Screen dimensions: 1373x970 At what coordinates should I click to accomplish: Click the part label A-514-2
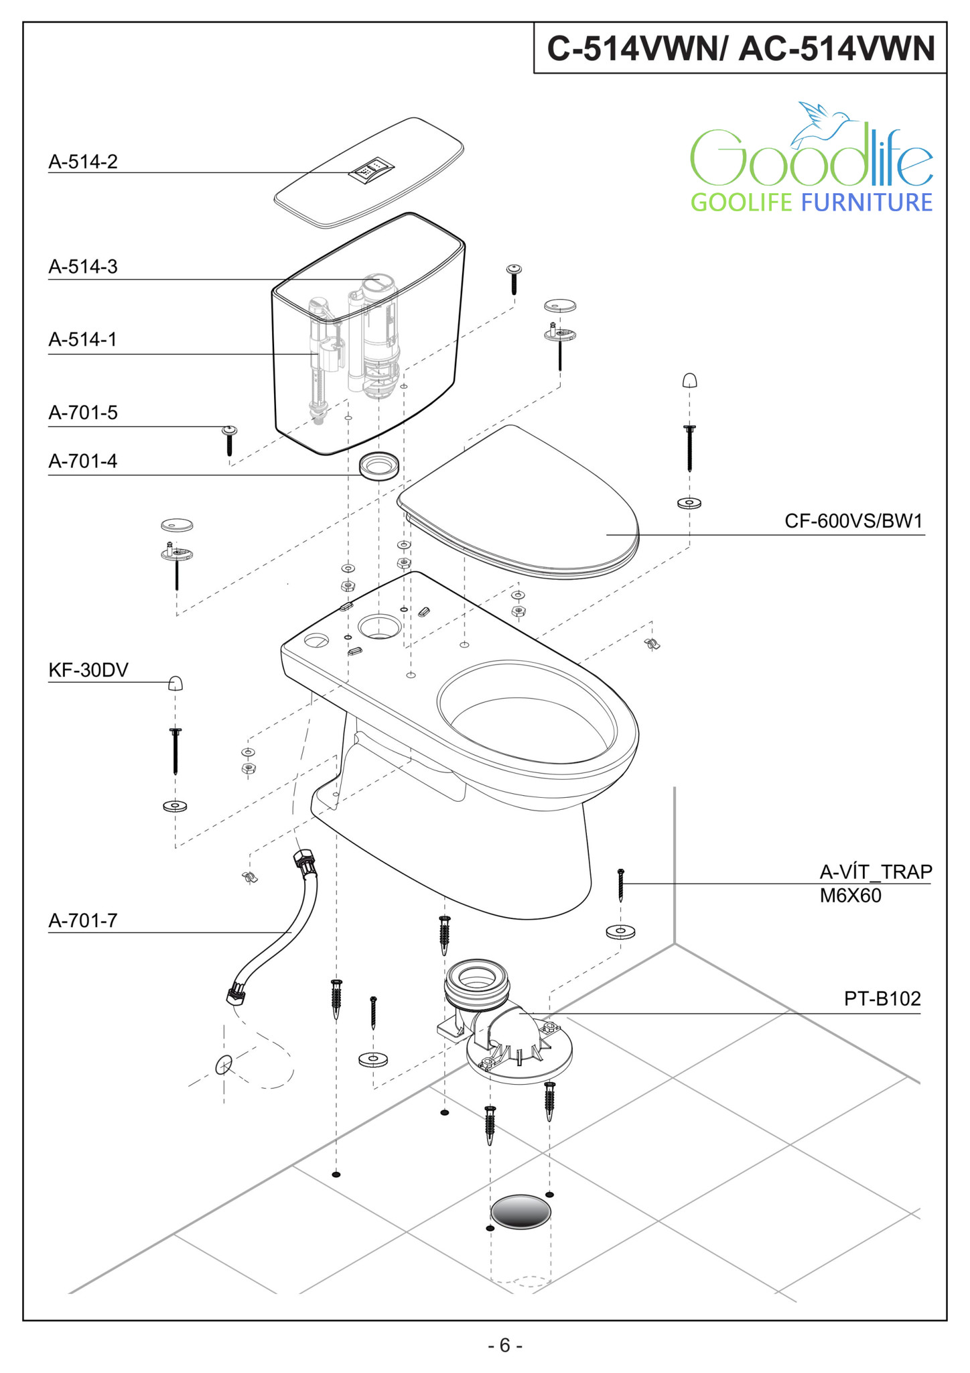click(83, 162)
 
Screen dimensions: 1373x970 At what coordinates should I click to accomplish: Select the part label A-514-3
click(83, 267)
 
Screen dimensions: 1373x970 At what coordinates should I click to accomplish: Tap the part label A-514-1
click(82, 339)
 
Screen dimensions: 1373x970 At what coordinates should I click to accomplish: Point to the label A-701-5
click(83, 412)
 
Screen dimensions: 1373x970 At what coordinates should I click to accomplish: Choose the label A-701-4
click(83, 461)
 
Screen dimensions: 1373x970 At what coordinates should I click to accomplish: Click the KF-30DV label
click(88, 670)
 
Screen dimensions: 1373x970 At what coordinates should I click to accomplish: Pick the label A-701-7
click(83, 920)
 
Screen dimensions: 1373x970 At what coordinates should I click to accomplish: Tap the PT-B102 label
click(882, 999)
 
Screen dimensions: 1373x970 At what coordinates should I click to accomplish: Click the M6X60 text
click(850, 896)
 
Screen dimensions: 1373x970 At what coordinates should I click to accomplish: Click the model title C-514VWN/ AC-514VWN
click(741, 48)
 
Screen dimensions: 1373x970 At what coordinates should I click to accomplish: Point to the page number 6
click(504, 1346)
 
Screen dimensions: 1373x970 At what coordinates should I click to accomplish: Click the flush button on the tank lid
click(370, 170)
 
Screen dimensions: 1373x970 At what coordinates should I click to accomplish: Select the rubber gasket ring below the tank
click(379, 465)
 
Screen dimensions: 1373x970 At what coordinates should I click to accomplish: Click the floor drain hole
click(521, 1211)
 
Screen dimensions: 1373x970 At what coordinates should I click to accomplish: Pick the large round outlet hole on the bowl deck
click(379, 627)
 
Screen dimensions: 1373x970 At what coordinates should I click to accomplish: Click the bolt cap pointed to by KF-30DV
click(176, 683)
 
